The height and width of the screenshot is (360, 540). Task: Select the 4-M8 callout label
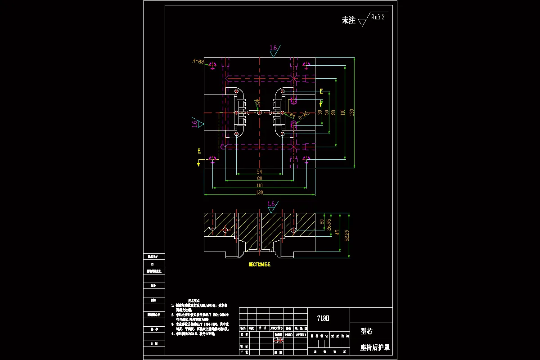[x=198, y=61]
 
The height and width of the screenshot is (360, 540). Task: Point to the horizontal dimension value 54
[x=259, y=172]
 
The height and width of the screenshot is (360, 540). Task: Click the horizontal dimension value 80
[x=259, y=179]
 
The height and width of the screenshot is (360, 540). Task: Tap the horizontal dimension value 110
[x=259, y=185]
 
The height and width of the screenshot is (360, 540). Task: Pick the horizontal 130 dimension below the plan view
[x=259, y=193]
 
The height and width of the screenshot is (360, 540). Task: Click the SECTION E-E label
[x=260, y=265]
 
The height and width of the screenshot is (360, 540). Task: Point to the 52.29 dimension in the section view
[x=346, y=235]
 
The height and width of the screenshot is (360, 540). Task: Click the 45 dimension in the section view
[x=337, y=232]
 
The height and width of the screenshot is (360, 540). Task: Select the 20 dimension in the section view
[x=322, y=222]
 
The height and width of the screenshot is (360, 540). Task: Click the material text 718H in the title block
[x=323, y=319]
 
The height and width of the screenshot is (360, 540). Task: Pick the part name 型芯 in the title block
[x=367, y=332]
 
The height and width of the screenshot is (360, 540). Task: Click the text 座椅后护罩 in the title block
[x=375, y=347]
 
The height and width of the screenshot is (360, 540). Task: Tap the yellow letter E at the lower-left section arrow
[x=198, y=151]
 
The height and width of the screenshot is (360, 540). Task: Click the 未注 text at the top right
[x=349, y=20]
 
